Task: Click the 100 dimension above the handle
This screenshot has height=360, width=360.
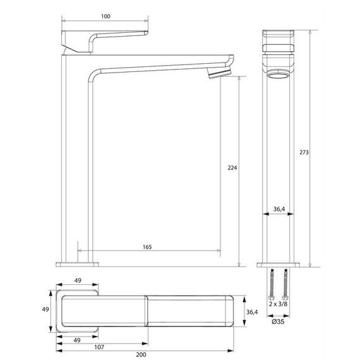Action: (105, 15)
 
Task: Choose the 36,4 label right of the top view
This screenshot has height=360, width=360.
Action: (252, 312)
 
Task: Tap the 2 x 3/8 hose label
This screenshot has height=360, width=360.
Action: (279, 304)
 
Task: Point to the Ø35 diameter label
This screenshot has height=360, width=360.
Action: (279, 322)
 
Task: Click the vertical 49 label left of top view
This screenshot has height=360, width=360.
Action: (46, 310)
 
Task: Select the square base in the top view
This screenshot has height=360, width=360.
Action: (78, 310)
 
